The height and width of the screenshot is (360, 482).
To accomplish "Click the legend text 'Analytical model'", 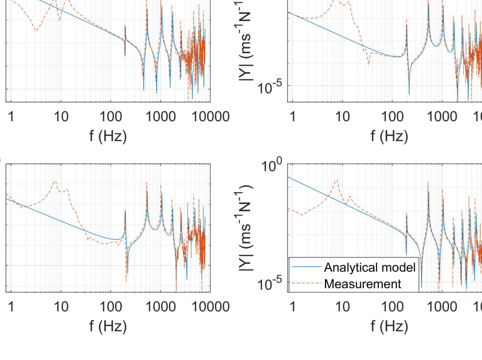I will [x=369, y=267].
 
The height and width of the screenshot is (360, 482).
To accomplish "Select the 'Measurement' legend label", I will [x=363, y=284].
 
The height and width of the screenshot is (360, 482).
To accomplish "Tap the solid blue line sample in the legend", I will [x=306, y=267].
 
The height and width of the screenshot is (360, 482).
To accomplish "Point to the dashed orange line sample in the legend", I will [x=306, y=284].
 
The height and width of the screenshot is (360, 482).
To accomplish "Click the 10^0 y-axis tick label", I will [x=272, y=167].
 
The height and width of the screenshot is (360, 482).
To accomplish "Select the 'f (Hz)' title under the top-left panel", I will [x=108, y=136].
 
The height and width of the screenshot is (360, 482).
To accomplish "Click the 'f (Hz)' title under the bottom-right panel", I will [x=389, y=326].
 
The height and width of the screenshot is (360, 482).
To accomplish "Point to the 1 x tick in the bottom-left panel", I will [x=11, y=307].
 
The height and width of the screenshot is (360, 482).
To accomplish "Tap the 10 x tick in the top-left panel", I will [x=61, y=117].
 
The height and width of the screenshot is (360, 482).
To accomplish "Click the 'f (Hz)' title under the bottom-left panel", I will [x=108, y=326].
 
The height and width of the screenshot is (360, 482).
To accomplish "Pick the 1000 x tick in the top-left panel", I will [x=161, y=117].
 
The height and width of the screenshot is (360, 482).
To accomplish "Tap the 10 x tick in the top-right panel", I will [x=342, y=117].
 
